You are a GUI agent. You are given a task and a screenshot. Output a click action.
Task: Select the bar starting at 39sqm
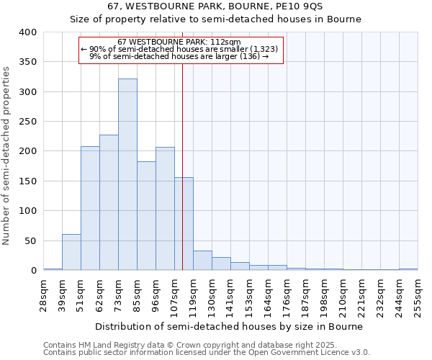[71, 252]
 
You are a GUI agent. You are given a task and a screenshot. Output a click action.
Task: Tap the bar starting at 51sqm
[90, 208]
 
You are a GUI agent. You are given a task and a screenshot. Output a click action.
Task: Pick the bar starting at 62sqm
[109, 202]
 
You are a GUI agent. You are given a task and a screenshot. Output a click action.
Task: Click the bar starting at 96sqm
[165, 209]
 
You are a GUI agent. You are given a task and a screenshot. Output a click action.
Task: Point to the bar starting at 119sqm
[202, 261]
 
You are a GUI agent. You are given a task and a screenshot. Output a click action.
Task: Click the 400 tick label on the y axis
[27, 32]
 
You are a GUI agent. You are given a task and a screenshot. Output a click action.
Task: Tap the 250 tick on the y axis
[27, 122]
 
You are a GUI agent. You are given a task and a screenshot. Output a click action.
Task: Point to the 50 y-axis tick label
[30, 240]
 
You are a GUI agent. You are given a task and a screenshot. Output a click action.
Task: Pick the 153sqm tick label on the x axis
[250, 294]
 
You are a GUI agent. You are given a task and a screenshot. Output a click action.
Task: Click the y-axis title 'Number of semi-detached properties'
[7, 156]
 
